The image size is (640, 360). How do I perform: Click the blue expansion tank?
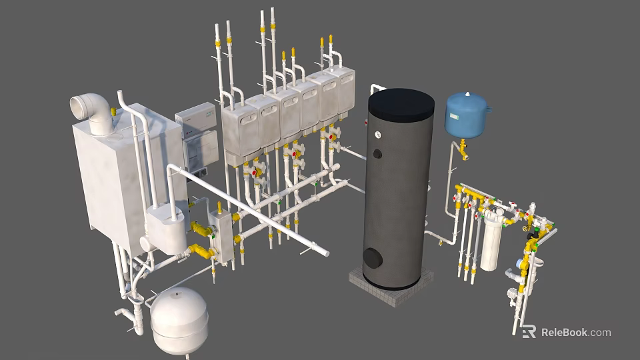[x=467, y=115]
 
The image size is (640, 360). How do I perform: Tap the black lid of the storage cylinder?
[x=401, y=103]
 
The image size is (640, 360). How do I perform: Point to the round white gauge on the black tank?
[x=377, y=134]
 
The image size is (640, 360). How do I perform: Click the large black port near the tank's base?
[x=373, y=257]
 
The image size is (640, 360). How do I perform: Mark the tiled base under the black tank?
[x=391, y=286]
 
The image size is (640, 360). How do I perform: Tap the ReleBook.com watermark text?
[x=576, y=332]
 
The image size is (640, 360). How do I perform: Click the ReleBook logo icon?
[x=529, y=331]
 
